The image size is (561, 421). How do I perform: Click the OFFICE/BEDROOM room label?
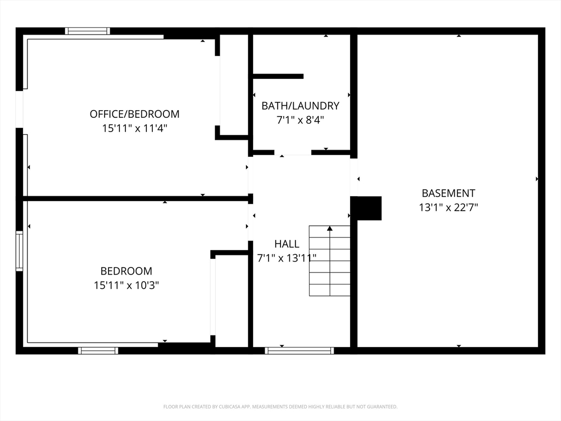click(135, 114)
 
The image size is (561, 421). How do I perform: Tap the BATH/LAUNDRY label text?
click(301, 106)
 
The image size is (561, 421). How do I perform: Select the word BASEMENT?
click(448, 194)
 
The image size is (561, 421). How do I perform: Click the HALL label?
click(287, 244)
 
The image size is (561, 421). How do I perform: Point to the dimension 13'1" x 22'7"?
click(448, 207)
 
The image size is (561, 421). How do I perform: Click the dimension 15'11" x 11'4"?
click(135, 128)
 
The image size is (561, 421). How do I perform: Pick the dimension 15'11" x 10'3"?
click(127, 285)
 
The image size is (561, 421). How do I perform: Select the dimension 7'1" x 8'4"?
click(301, 120)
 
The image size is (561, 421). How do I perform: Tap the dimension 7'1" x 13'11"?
click(287, 258)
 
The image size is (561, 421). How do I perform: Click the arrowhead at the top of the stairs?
click(330, 228)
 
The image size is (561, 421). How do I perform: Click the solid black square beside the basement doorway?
click(365, 208)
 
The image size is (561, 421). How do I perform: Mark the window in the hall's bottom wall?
click(299, 351)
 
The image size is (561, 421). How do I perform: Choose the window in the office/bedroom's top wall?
click(87, 31)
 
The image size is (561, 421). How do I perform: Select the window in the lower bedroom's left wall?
click(19, 251)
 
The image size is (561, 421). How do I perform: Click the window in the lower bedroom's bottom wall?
click(98, 351)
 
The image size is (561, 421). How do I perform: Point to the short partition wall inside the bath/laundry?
click(278, 76)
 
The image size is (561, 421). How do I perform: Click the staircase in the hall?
click(329, 261)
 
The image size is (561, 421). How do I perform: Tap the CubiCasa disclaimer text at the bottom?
click(280, 407)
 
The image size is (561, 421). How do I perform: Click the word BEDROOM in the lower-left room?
click(127, 271)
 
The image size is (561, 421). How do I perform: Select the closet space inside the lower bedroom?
click(232, 301)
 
